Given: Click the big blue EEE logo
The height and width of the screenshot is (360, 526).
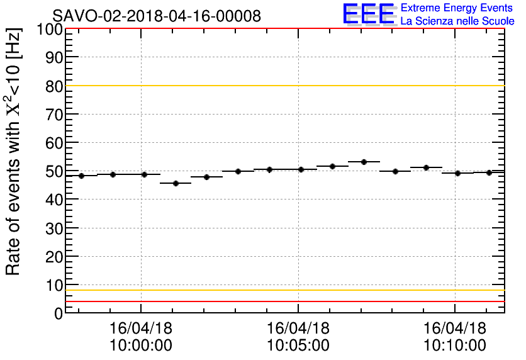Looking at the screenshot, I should pos(369,14).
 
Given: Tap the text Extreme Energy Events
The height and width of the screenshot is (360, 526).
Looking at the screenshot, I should pos(457,8).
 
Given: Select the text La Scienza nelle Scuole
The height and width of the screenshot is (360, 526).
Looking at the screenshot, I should pos(457,21).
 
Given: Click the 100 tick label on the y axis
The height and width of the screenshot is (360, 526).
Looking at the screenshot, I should pos(49,30).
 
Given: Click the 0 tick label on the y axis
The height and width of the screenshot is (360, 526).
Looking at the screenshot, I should pos(57,313).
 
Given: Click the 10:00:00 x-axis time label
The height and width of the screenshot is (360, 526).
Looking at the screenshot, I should pos(141,345).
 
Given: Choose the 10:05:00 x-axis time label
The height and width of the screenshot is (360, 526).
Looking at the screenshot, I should pos(298,345).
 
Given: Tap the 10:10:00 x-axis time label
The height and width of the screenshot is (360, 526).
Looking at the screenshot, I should pos(455,345).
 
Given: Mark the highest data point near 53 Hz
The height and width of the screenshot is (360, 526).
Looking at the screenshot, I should pos(364,162).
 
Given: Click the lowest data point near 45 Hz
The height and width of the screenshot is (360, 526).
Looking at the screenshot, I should pos(176,183).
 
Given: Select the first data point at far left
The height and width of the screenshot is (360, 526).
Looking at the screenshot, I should pos(81,176).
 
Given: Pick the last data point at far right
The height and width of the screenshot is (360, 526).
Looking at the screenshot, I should pos(489,172).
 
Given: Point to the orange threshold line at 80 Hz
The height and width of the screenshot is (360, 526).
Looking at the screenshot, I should pos(283,86).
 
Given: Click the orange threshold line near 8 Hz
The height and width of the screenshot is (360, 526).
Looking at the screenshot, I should pos(283,290).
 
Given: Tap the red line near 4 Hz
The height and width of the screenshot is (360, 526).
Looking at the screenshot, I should pos(283,301).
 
